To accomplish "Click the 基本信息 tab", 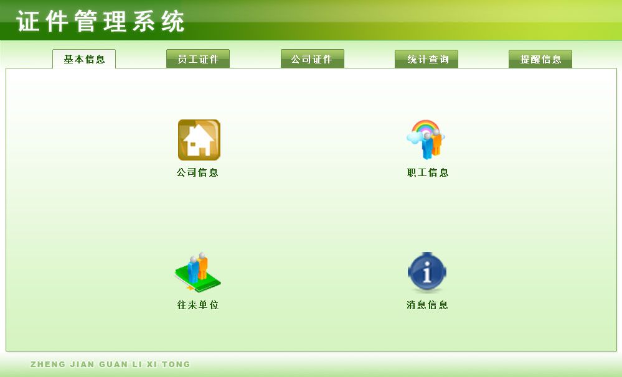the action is [x=84, y=59].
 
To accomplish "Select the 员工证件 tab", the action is [x=198, y=58].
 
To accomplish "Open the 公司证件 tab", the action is [x=312, y=58].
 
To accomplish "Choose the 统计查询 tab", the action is [x=426, y=59].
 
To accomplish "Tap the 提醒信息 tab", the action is [x=540, y=59].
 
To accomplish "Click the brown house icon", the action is [x=199, y=140].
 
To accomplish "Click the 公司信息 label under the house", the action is [x=197, y=172].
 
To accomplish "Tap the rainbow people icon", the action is [x=426, y=139].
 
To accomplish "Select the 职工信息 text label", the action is [x=428, y=172].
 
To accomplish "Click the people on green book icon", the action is [x=197, y=272].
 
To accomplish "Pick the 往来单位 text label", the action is [x=198, y=305].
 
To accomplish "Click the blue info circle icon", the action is [x=427, y=271].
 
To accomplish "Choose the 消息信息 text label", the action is [x=427, y=305].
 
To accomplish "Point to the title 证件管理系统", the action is [x=100, y=21].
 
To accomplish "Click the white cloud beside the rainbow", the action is [x=414, y=137].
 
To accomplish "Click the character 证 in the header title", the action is [x=28, y=21].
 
